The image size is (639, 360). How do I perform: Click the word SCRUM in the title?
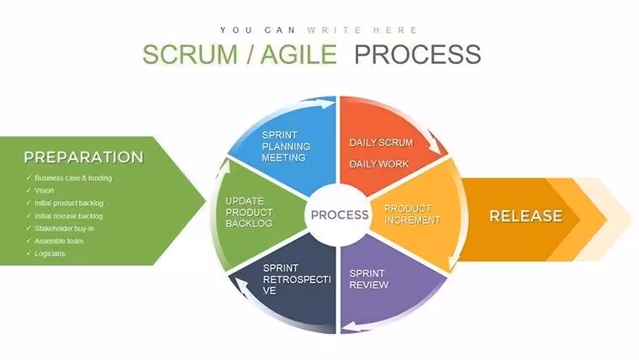(190, 54)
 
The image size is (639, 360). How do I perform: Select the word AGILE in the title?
(298, 54)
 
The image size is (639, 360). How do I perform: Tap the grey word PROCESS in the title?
(418, 54)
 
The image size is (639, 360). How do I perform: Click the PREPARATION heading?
(83, 157)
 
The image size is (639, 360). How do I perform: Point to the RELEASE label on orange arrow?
(525, 216)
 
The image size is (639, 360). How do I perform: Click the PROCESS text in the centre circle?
(340, 214)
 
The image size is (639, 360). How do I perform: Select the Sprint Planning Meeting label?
(286, 146)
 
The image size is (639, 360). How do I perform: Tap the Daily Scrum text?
(381, 143)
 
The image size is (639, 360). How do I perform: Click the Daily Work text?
(379, 164)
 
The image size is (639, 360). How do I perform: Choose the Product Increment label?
(412, 214)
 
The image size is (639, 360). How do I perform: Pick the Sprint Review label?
(369, 279)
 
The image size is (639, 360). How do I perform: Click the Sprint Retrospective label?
(297, 279)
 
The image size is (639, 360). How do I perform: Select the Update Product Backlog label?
(249, 213)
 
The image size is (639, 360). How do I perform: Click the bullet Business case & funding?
(73, 178)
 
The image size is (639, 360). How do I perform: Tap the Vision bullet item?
(44, 190)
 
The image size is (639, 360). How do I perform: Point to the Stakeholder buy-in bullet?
(64, 229)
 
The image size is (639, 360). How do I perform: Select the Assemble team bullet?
(59, 241)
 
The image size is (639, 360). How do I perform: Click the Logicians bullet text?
(50, 253)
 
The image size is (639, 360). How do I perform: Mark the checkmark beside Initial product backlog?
(29, 203)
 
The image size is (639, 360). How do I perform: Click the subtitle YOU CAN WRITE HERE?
(319, 30)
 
